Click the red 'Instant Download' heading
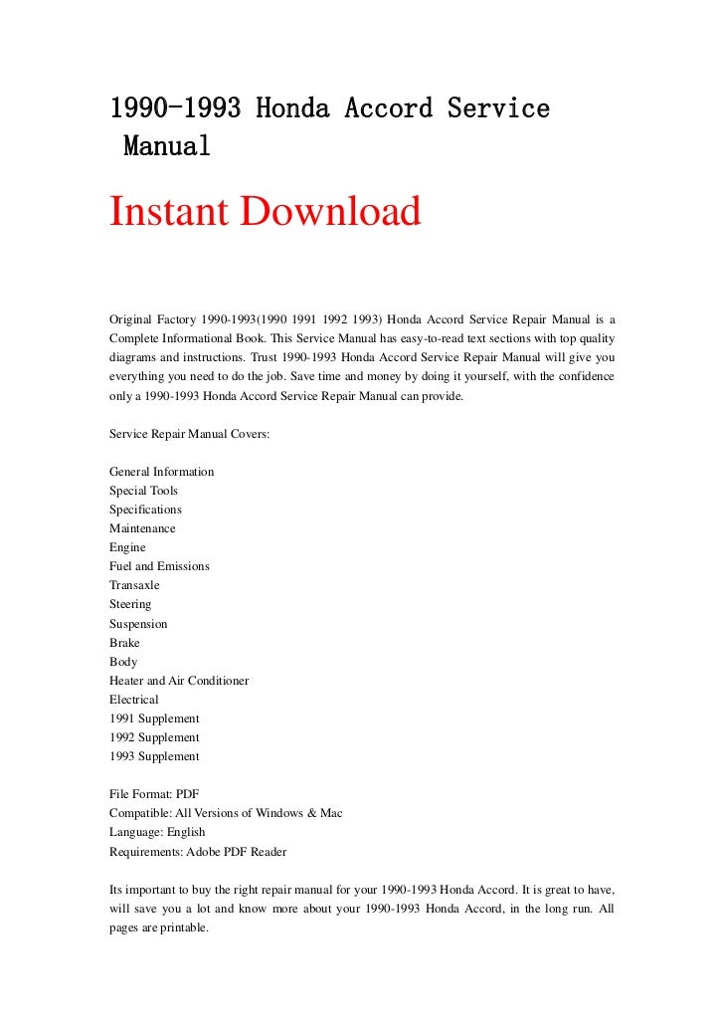265,212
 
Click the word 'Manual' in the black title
166,146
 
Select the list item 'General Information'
161,472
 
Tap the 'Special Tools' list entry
143,491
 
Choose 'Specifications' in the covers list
145,510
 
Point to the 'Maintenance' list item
142,528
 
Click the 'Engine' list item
127,547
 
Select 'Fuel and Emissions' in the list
159,566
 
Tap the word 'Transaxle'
134,585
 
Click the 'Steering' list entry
130,604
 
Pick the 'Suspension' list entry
138,624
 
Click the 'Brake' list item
124,643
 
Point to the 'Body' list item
123,662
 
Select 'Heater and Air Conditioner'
179,681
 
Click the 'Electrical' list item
133,700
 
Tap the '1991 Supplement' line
154,718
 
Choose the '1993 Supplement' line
154,756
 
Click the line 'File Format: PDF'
154,794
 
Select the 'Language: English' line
157,832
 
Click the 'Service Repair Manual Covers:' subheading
183,434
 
